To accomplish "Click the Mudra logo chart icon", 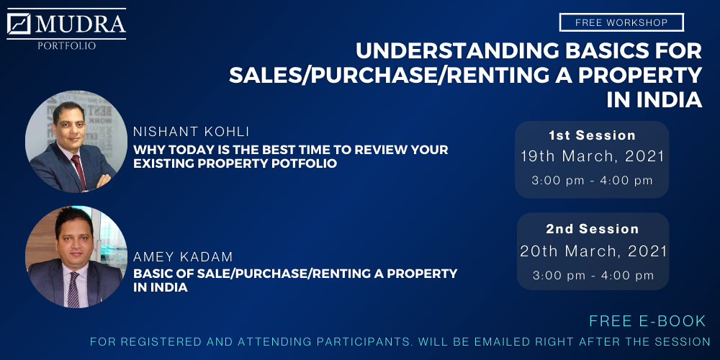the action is (x=19, y=24).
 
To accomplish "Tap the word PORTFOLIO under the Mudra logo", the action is (x=67, y=46).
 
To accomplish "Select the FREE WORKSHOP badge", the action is (x=621, y=22).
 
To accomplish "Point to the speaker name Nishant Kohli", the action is (x=192, y=132).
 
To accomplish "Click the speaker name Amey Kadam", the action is (x=183, y=257).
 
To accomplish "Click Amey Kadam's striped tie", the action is (x=73, y=289).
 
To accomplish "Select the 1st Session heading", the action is (x=592, y=135).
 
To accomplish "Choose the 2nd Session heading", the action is (x=593, y=229).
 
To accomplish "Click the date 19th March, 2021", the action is (x=593, y=156).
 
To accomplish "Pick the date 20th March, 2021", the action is (x=593, y=251).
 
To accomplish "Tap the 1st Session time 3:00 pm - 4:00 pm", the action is (x=593, y=181).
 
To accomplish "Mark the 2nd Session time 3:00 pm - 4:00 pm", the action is (x=593, y=275).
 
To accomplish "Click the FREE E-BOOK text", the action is (x=647, y=321).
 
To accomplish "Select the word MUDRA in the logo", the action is (x=81, y=24).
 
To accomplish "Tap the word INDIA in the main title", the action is (x=654, y=101).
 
